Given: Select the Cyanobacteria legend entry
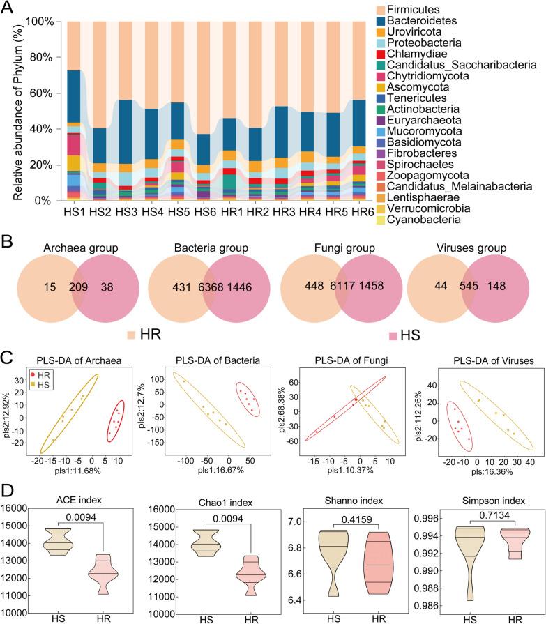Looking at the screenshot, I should pyautogui.click(x=486, y=220).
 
